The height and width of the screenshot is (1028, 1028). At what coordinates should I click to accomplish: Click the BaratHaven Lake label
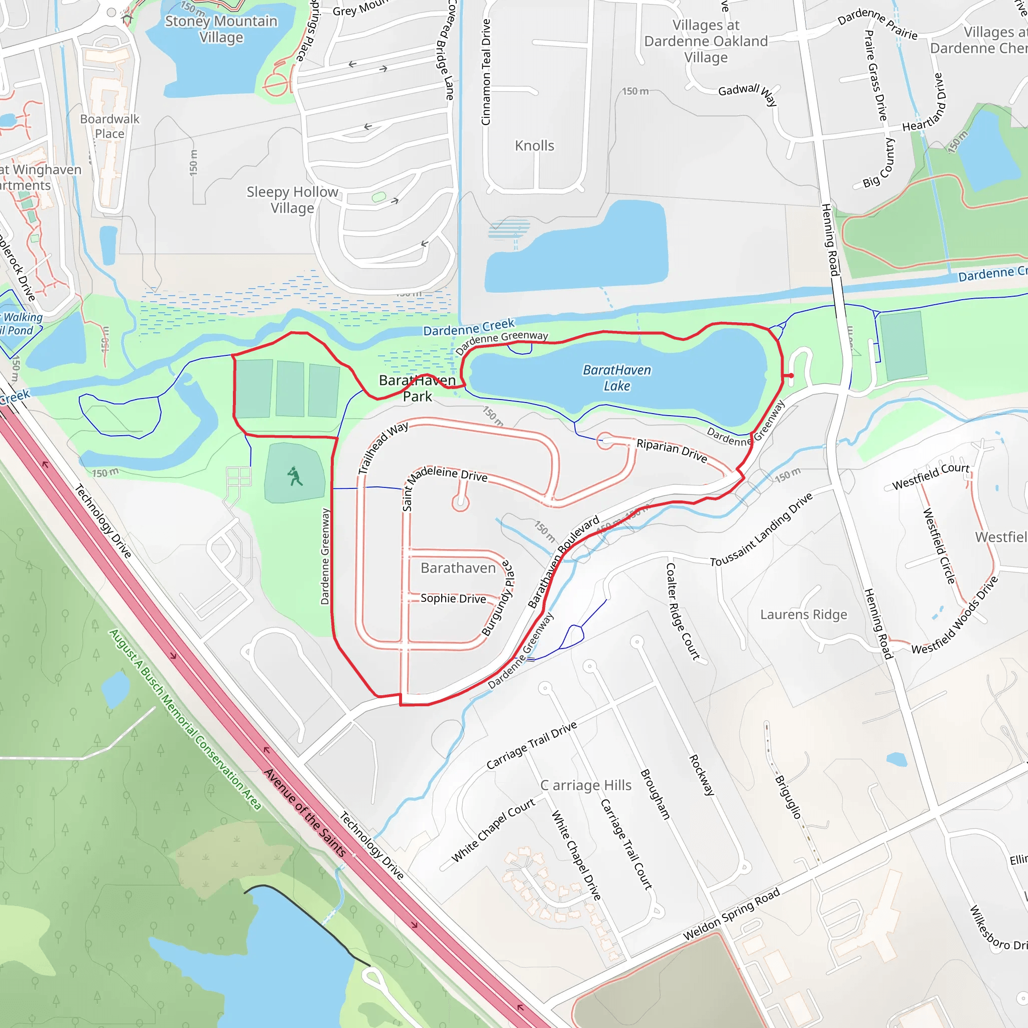[617, 378]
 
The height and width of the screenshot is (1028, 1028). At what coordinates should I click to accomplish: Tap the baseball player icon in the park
[294, 476]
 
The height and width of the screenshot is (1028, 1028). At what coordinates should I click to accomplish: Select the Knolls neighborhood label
[534, 146]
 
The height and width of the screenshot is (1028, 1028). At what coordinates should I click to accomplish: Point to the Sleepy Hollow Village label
[292, 200]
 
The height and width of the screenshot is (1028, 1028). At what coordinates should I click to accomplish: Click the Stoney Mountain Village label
[221, 29]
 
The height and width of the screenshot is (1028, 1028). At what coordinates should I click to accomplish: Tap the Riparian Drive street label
[672, 450]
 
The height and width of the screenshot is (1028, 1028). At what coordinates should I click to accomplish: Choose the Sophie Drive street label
[453, 599]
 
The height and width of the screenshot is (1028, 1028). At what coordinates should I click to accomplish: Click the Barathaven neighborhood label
[458, 568]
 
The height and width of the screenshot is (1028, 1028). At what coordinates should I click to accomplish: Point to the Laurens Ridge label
[804, 614]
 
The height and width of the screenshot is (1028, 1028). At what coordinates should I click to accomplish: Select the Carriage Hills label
[586, 786]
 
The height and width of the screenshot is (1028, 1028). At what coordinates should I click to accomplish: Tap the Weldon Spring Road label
[732, 914]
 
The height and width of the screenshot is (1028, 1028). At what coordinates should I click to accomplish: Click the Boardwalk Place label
[109, 126]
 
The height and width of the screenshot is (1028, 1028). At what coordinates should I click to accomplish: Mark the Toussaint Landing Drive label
[761, 530]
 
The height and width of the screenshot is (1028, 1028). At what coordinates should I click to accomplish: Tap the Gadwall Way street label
[747, 93]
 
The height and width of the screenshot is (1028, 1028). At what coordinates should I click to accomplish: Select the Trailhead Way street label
[383, 447]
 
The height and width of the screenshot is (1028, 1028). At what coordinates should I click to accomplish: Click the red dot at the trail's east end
[791, 375]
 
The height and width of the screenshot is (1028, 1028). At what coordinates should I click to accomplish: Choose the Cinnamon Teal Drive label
[485, 72]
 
